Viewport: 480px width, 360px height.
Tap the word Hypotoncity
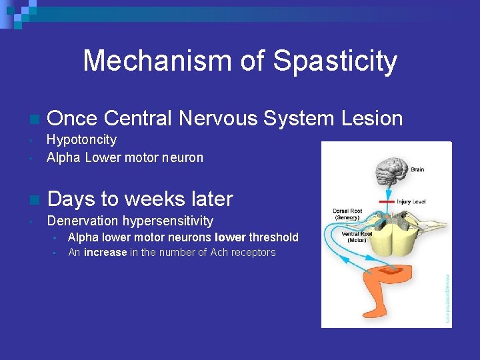(x=81, y=139)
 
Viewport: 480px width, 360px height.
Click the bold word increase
(x=105, y=253)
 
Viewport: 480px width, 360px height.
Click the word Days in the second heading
(x=71, y=199)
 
